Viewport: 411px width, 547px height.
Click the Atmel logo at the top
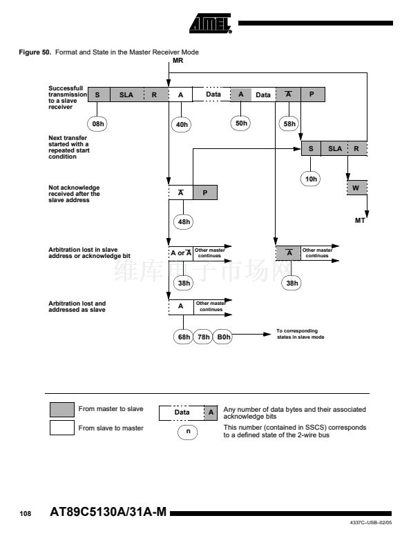[211, 23]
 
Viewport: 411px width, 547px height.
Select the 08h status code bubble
[97, 124]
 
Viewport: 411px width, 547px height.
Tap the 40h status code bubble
[182, 125]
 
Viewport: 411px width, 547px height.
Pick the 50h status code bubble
[241, 123]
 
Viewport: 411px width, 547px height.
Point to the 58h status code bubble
[289, 124]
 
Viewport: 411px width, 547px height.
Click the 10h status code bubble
[310, 179]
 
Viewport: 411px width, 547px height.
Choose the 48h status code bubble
[184, 221]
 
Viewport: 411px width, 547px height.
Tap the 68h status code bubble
[184, 337]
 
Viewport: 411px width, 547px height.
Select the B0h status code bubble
[223, 337]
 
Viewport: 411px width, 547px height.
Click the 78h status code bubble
[203, 337]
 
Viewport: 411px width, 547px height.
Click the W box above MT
[357, 188]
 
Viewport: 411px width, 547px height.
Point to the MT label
[360, 221]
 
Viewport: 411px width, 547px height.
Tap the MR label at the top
[178, 61]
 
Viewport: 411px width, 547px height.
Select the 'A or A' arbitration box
[181, 253]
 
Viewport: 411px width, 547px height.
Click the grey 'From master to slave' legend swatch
[62, 410]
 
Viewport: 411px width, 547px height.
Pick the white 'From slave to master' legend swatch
[62, 428]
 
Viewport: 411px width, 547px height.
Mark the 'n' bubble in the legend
[188, 432]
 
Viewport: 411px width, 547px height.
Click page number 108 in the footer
[25, 513]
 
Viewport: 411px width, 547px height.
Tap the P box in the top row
[312, 95]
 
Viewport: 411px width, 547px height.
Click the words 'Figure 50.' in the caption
[35, 52]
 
